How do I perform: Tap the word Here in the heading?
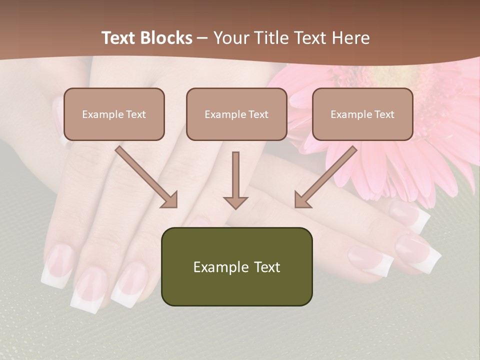pyautogui.click(x=350, y=38)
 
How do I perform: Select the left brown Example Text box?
pyautogui.click(x=114, y=114)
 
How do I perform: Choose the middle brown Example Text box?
pyautogui.click(x=236, y=114)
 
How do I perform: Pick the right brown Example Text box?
pyautogui.click(x=362, y=114)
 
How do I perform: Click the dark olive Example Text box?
pyautogui.click(x=236, y=267)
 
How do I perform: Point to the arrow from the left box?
pyautogui.click(x=146, y=176)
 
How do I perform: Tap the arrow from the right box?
pyautogui.click(x=325, y=176)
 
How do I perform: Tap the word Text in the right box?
pyautogui.click(x=384, y=114)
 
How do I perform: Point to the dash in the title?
pyautogui.click(x=203, y=38)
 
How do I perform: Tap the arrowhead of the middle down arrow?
pyautogui.click(x=235, y=202)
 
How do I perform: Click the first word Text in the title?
pyautogui.click(x=119, y=38)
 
